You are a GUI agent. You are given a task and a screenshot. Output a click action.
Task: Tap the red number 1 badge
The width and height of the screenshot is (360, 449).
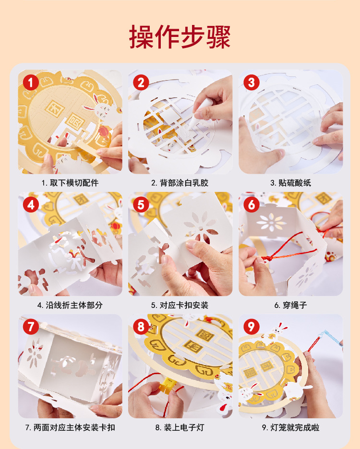coord(31,83)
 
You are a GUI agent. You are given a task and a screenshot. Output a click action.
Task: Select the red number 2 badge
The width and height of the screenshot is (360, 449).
coord(141,83)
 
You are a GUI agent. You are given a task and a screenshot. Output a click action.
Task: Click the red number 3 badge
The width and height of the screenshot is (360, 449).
coord(251,83)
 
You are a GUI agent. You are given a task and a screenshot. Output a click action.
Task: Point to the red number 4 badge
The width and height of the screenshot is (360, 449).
coord(31,205)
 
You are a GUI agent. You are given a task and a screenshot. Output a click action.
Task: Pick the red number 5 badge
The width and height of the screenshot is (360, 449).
coord(141,205)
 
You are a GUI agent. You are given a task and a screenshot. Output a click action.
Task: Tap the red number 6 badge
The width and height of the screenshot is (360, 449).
coord(251,205)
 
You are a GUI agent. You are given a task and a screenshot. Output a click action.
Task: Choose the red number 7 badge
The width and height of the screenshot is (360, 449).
coord(31,327)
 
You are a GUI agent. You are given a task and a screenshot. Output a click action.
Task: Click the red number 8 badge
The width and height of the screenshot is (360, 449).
coord(141,327)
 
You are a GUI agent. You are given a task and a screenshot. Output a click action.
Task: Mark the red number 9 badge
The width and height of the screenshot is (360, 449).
coord(251,327)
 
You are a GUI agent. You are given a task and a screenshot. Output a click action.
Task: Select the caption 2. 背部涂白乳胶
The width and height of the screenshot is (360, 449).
coord(180,183)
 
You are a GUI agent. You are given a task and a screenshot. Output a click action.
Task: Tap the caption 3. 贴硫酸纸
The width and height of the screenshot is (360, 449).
coord(290,183)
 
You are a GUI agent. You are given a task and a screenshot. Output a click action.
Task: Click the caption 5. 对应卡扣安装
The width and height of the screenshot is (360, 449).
coord(180,305)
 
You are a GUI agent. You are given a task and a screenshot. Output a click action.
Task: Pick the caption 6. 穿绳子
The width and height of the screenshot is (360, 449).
coord(290,305)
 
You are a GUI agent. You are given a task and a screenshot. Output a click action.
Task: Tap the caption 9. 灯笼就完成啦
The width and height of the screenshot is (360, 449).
coord(290,427)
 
